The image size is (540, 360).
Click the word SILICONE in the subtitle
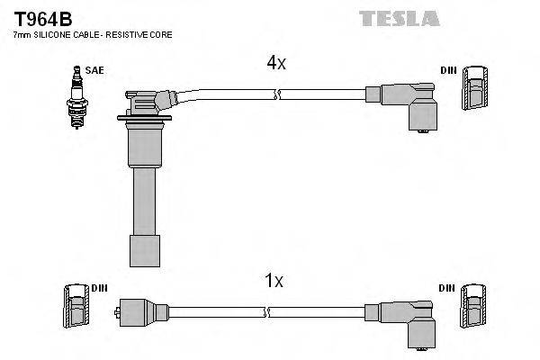(52, 34)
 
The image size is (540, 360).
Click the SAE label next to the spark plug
(94, 69)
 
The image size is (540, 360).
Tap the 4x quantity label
(275, 63)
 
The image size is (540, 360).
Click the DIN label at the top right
(448, 69)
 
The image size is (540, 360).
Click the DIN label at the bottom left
(99, 288)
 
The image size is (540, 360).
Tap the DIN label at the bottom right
(448, 288)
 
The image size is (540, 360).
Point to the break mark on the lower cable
(267, 312)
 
